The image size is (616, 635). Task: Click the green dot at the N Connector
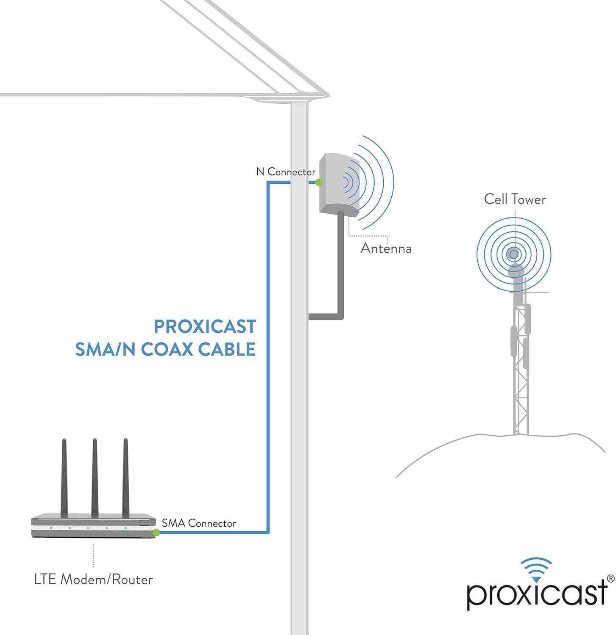(319, 182)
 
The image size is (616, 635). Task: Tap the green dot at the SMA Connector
(156, 533)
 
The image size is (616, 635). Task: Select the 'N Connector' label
(286, 172)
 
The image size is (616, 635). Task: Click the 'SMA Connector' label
(199, 523)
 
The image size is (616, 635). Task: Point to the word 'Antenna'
(386, 248)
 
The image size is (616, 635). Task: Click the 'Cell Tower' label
(515, 199)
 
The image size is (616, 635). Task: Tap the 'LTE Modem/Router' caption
(93, 579)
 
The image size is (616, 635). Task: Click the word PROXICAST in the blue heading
(205, 326)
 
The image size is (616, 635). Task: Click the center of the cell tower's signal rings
(514, 254)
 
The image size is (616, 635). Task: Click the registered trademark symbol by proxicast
(610, 578)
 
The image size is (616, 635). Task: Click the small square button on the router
(145, 522)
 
